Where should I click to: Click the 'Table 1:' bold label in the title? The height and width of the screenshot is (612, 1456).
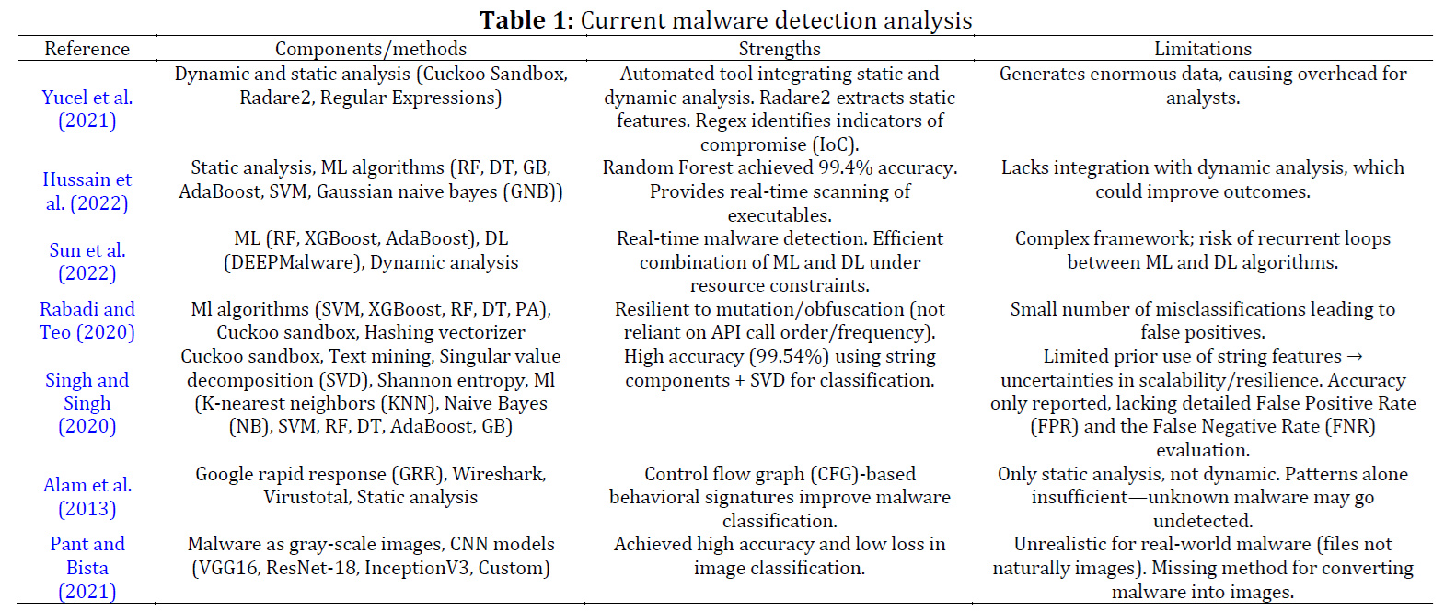526,20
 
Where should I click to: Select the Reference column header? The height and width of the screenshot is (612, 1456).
87,49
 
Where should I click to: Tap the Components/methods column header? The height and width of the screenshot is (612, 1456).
371,49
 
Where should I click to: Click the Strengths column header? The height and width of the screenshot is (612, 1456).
780,49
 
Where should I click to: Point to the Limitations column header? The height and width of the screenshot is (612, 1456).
1203,49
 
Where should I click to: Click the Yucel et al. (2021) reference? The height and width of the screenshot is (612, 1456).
87,110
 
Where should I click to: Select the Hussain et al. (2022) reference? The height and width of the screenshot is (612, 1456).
87,191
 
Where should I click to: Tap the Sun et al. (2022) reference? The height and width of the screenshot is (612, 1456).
87,261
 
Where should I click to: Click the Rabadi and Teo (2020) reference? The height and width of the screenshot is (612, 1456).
87,321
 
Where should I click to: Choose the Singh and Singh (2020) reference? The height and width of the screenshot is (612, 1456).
87,403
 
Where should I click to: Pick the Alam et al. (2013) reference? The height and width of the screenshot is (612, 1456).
87,497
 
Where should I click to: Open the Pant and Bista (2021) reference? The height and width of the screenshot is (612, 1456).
87,568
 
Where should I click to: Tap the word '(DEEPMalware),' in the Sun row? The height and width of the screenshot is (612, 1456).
294,262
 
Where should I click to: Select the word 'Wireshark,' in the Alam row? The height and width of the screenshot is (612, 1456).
499,474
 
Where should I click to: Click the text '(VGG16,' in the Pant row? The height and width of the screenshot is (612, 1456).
226,569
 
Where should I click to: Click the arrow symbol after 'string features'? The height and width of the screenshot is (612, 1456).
1356,357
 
